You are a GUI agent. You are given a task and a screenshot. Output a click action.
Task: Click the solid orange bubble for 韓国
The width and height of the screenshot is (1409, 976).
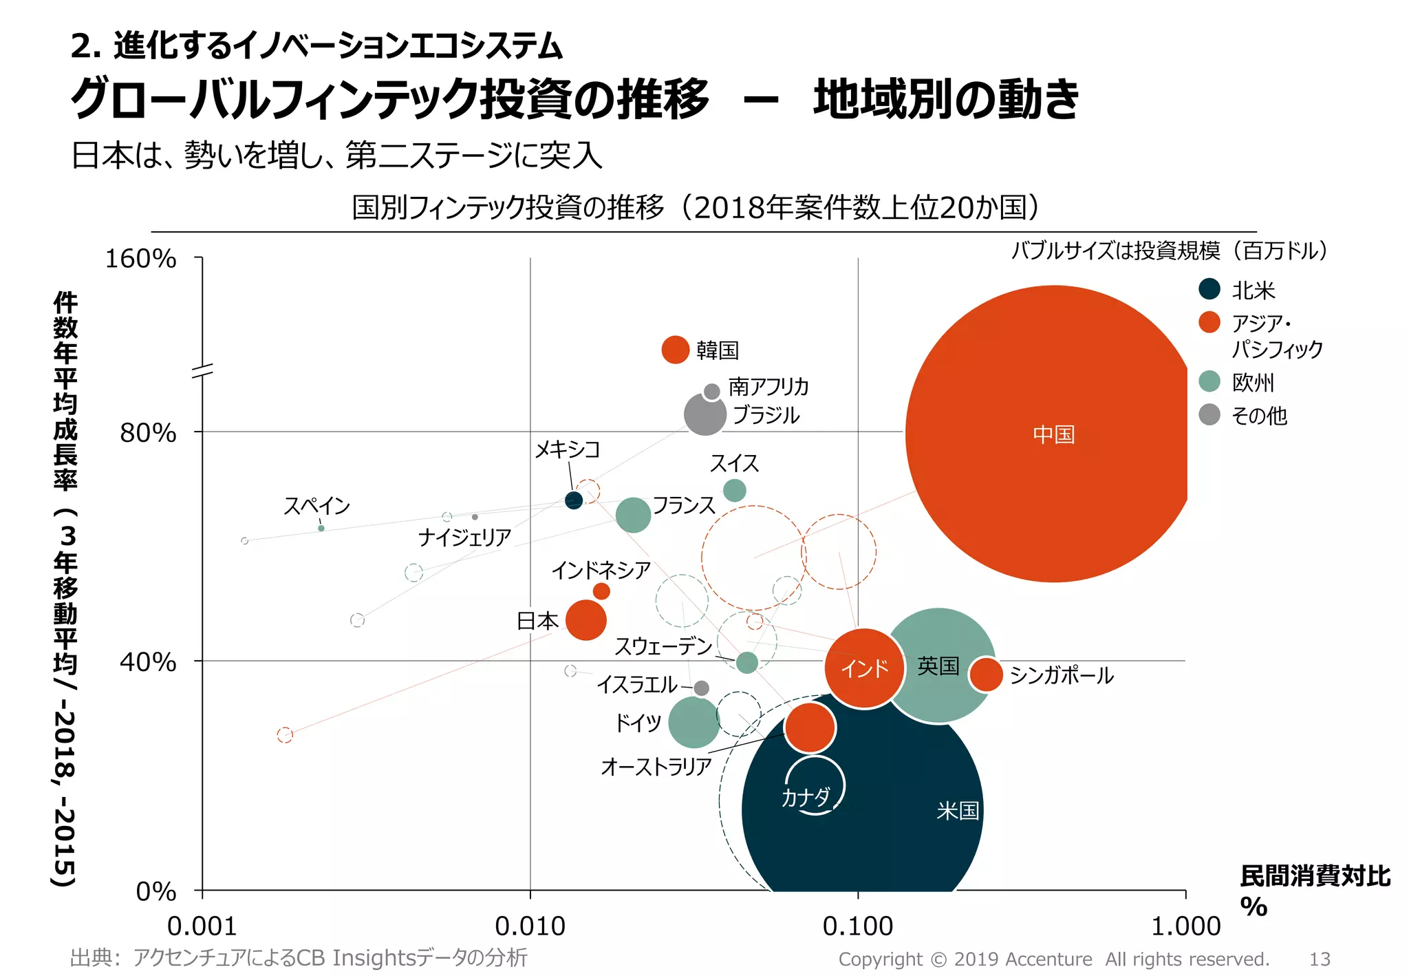675,350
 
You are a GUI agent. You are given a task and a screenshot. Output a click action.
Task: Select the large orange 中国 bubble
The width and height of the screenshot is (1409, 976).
1053,434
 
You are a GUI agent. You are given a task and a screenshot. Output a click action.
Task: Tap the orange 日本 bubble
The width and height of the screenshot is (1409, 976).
585,619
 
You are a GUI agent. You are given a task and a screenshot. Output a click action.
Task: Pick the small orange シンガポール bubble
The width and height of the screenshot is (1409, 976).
986,675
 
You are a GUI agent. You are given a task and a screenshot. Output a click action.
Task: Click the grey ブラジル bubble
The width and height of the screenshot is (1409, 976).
704,414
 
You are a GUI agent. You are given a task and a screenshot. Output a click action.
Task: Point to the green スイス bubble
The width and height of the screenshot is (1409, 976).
734,491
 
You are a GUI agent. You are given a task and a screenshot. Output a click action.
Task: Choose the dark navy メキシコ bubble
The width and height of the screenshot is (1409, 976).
573,500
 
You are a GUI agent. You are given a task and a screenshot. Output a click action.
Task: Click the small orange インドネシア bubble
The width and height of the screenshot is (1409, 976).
601,591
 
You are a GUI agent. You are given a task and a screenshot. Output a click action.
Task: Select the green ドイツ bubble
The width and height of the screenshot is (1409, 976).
693,722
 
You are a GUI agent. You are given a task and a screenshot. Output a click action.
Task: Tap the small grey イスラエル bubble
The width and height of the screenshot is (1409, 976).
701,688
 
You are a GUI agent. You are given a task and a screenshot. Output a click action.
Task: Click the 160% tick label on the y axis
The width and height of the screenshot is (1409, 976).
140,259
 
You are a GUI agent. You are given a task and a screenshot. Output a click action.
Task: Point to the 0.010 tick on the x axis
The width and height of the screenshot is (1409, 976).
530,926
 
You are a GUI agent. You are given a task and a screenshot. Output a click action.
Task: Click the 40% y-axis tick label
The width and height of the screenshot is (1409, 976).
147,661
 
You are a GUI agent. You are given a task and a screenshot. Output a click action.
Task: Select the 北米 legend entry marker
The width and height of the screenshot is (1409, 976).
1209,289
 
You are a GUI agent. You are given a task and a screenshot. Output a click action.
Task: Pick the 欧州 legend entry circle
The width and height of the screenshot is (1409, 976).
1209,381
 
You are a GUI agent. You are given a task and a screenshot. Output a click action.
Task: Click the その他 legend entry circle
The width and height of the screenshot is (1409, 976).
1209,414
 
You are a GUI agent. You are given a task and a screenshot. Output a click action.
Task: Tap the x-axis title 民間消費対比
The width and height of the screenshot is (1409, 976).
1315,876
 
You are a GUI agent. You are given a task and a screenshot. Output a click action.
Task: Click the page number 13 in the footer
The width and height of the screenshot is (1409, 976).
1319,959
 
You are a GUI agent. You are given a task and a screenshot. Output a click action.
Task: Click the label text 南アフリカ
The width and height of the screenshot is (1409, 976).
768,386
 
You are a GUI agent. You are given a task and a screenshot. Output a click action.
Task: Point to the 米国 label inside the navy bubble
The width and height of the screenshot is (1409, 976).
957,811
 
